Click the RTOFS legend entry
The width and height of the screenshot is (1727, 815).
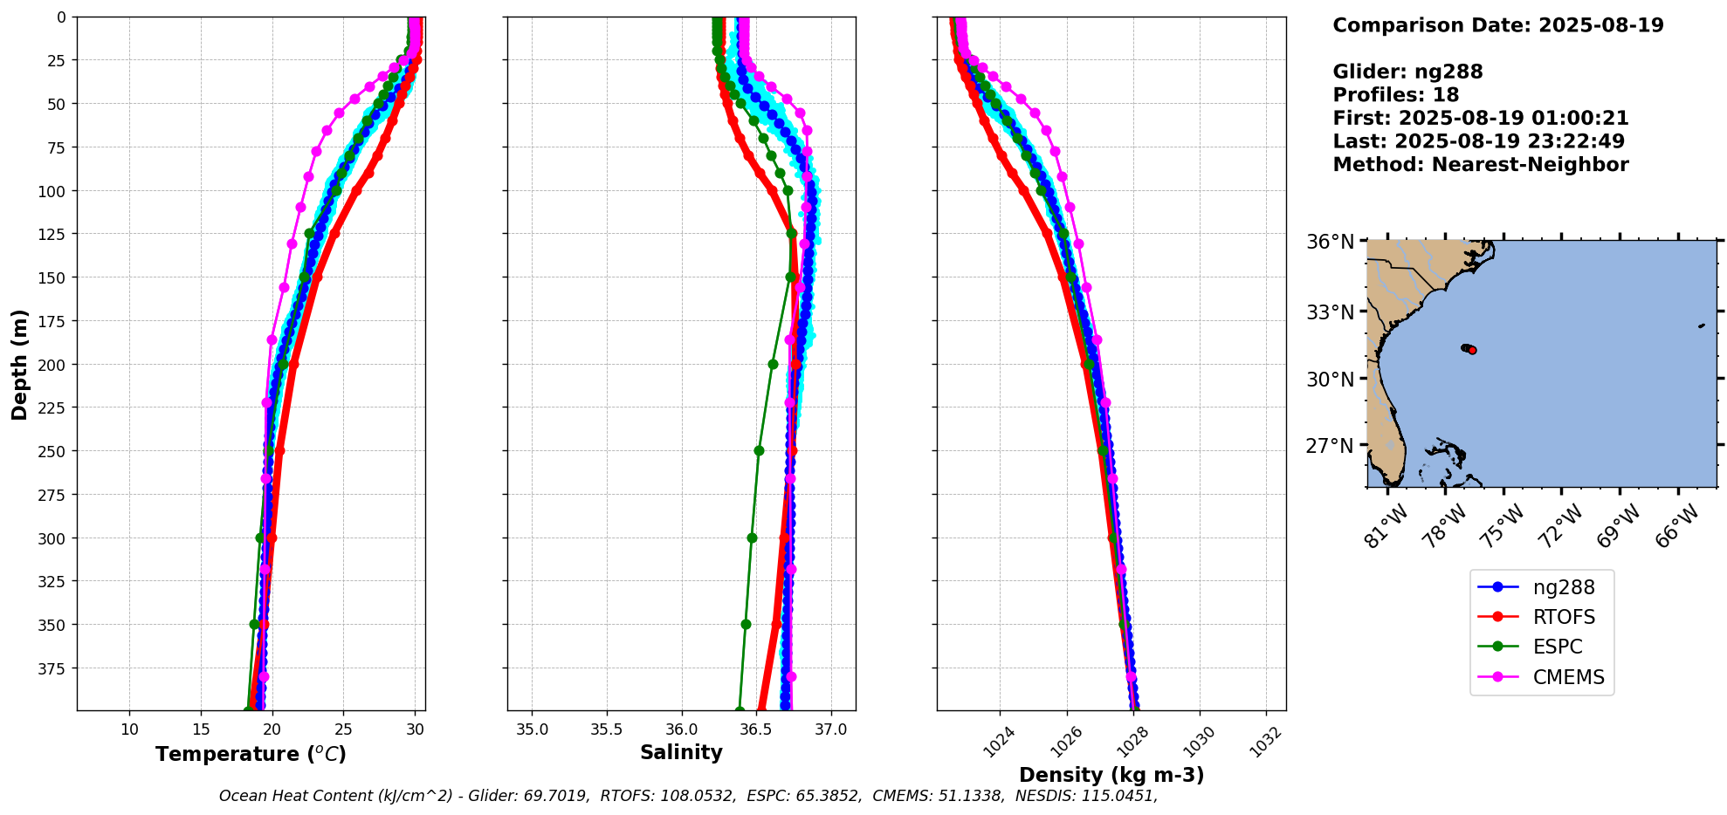(1563, 617)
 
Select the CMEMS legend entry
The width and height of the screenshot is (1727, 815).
(1568, 677)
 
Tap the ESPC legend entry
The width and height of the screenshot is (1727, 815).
(1558, 647)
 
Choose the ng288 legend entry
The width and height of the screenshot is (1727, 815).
(1563, 587)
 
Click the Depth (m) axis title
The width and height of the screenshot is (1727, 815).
(19, 364)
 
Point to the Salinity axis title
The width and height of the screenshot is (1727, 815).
(681, 752)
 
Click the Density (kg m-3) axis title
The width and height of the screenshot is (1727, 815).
(1111, 775)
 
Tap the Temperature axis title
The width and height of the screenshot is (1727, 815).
(251, 754)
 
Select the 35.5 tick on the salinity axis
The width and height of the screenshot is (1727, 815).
(607, 729)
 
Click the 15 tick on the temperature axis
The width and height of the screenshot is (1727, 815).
(201, 729)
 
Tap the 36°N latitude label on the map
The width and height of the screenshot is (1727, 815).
(1330, 242)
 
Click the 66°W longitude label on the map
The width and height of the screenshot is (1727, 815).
(1677, 525)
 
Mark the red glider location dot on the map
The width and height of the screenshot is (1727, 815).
(1472, 350)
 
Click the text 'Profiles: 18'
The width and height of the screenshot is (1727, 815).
(1395, 95)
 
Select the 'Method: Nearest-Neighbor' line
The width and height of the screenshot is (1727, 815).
(1480, 165)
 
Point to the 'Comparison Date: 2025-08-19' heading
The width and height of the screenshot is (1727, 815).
(1497, 25)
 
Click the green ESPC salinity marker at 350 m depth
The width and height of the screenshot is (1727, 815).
(746, 624)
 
